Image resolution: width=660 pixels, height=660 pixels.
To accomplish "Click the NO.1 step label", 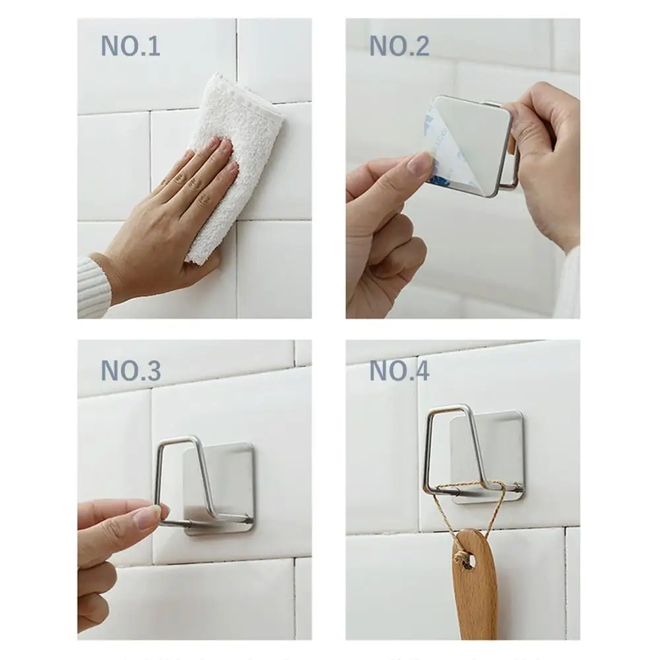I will tap(130, 47).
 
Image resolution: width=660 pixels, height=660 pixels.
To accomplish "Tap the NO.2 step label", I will tap(399, 46).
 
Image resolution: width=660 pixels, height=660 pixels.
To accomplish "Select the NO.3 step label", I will tap(130, 371).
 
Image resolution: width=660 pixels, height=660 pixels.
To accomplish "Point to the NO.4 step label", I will tap(399, 371).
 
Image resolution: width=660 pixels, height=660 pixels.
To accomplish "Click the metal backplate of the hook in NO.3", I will tap(228, 488).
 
